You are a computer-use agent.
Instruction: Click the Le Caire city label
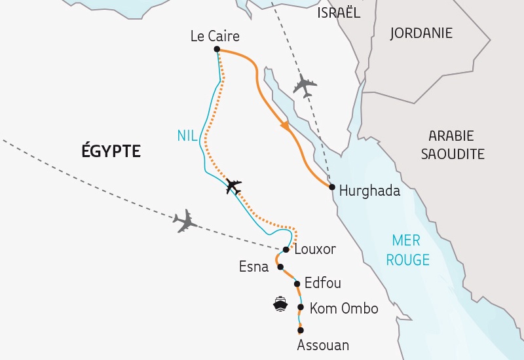pos(215,36)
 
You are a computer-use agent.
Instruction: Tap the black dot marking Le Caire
pos(217,49)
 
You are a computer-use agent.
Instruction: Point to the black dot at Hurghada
pos(333,187)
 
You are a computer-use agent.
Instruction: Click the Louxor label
pos(315,249)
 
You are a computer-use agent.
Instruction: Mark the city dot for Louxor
pos(286,250)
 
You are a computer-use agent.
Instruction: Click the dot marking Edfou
pos(297,284)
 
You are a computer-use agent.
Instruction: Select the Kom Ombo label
pos(344,308)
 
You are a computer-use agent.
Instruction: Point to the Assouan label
pos(323,344)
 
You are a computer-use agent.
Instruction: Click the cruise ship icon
pos(280,304)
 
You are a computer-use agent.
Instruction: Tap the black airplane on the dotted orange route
pos(233,186)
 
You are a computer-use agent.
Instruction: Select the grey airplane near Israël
pos(305,85)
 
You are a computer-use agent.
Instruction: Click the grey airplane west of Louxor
pos(185,221)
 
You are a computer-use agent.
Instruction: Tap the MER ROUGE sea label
pos(407,249)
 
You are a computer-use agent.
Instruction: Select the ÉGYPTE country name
pos(111,151)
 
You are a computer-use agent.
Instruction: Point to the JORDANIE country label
pos(421,33)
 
